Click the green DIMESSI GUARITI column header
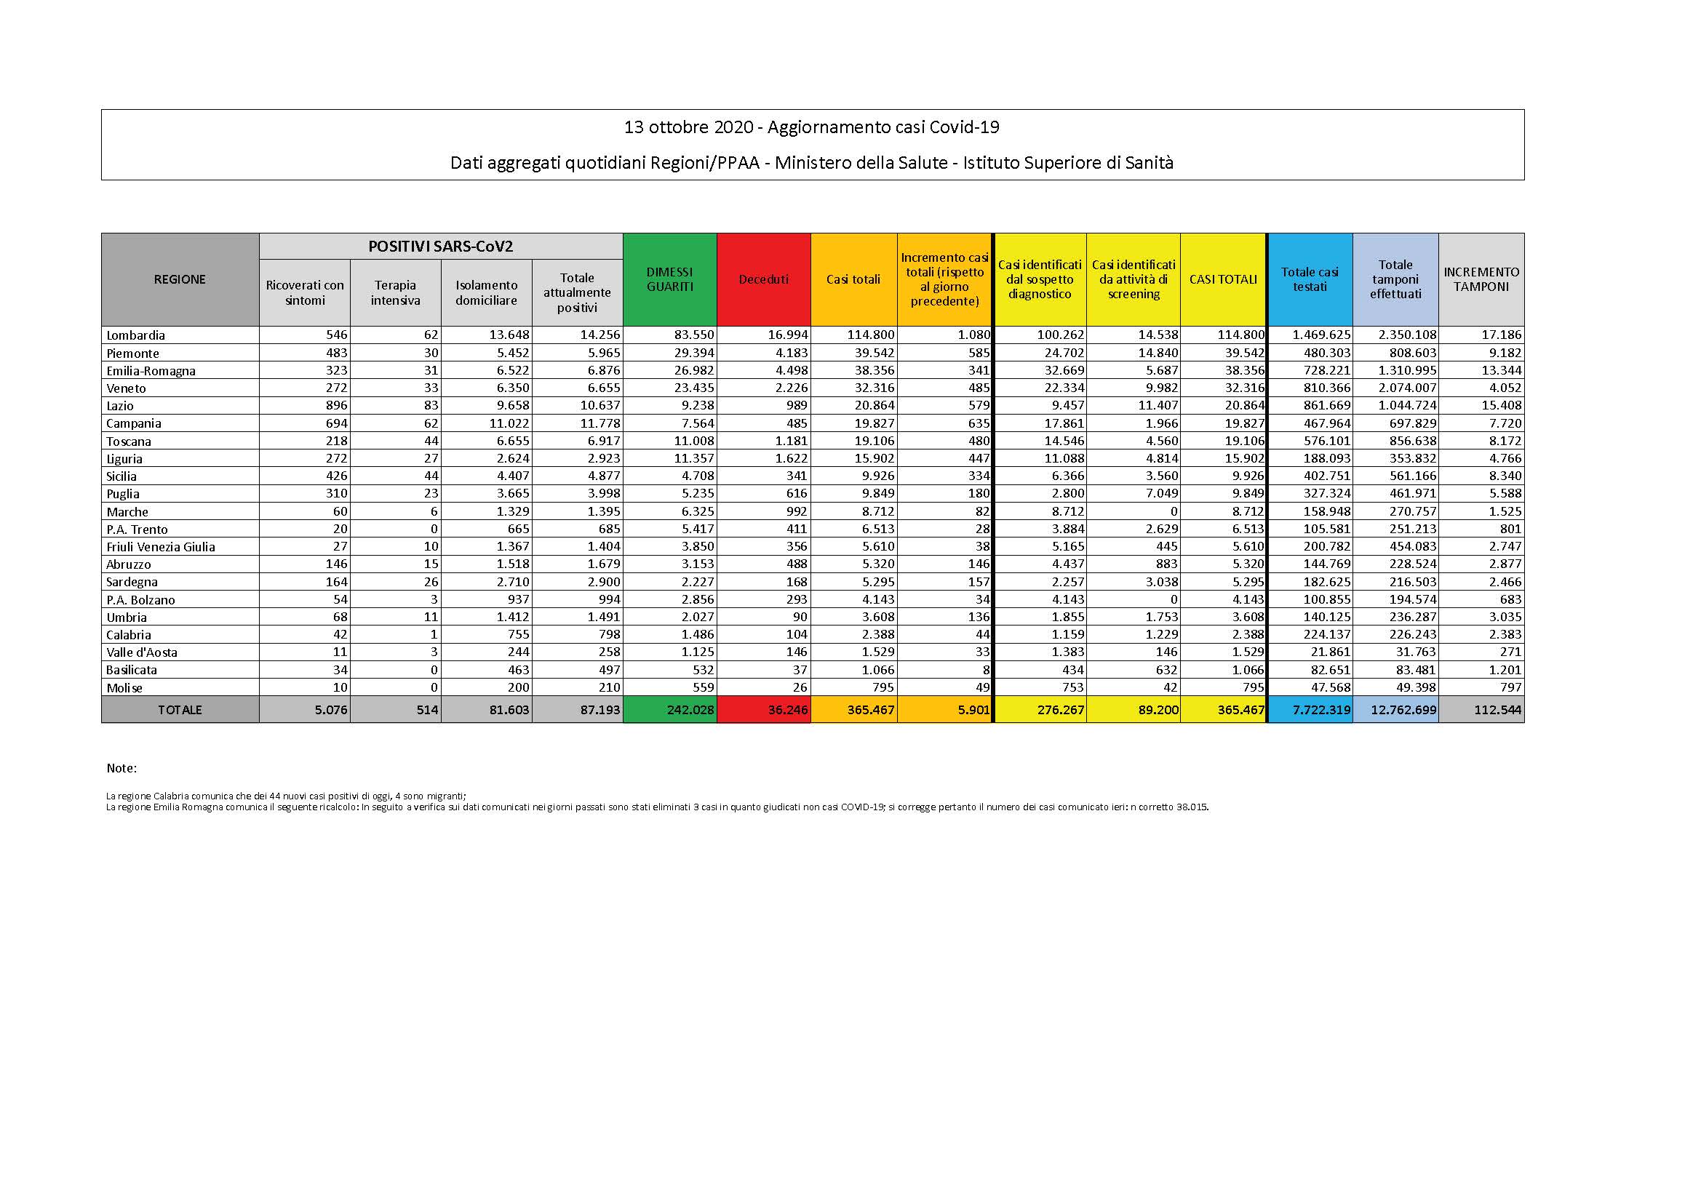[x=669, y=279]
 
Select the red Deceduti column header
[x=763, y=279]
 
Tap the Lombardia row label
[x=135, y=335]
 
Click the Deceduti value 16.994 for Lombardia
[x=785, y=335]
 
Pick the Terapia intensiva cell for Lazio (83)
[x=431, y=406]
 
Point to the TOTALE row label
[x=179, y=710]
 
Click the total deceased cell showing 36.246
[x=784, y=710]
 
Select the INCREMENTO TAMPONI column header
[x=1481, y=279]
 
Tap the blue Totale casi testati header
[x=1309, y=279]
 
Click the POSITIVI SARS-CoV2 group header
[x=440, y=247]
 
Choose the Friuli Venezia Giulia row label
[x=160, y=547]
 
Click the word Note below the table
[x=121, y=769]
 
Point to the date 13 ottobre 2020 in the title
[x=688, y=127]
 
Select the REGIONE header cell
[x=179, y=279]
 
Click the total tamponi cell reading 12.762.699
[x=1404, y=710]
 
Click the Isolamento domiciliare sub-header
[x=486, y=292]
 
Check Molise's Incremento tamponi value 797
[x=1507, y=687]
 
